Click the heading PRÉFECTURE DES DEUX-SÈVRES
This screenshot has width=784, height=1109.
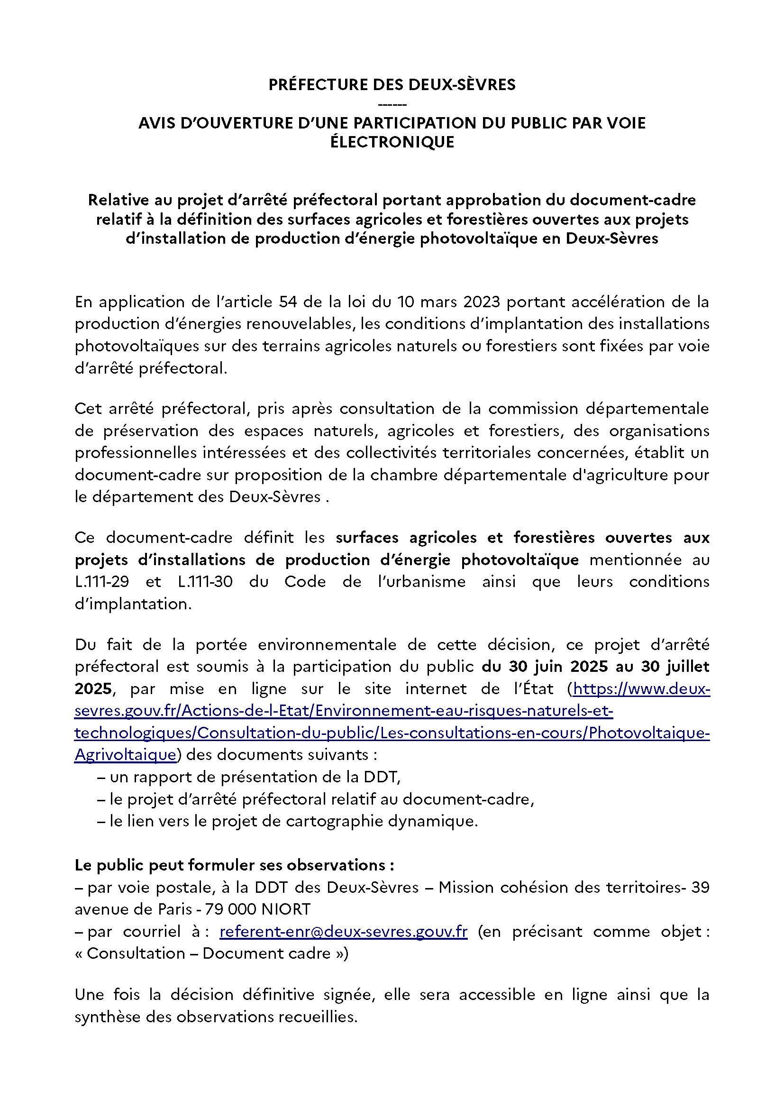tap(392, 85)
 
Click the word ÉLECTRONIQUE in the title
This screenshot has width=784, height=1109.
tap(392, 143)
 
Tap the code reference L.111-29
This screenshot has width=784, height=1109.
tap(102, 582)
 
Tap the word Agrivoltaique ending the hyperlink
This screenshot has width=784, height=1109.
tap(125, 755)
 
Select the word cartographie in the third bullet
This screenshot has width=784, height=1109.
tap(347, 822)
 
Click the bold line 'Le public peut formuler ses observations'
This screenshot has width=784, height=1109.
tap(235, 865)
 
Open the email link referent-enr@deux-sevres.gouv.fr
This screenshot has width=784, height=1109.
tap(343, 931)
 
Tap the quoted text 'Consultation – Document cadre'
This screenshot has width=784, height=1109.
tap(211, 953)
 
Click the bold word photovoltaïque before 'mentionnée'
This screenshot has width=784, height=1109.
tap(520, 560)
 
